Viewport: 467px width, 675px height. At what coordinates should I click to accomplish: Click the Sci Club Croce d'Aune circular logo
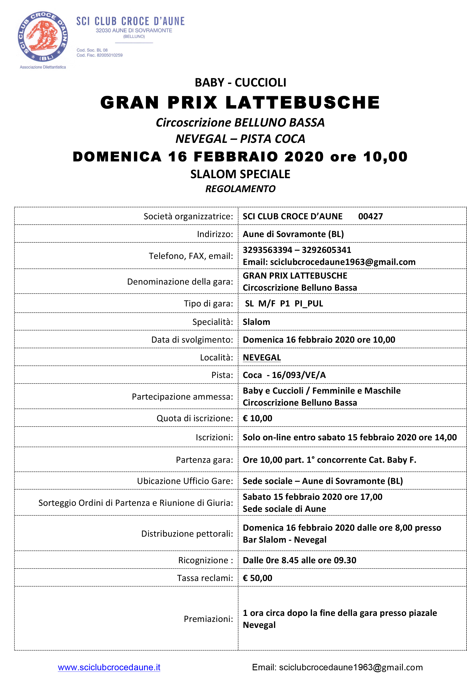(43, 37)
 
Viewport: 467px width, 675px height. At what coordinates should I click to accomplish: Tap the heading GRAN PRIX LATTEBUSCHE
(240, 103)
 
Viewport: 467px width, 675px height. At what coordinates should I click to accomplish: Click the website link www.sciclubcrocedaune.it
(109, 667)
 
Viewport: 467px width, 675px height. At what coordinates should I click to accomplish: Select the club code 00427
(371, 217)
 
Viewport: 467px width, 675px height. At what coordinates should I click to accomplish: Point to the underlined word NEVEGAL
(262, 358)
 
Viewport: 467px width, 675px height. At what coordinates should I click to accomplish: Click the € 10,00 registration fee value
(258, 418)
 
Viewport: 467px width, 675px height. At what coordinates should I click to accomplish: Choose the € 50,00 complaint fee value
(258, 578)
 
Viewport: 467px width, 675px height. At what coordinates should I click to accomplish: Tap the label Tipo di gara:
(208, 304)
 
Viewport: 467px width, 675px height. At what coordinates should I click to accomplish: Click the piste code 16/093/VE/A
(299, 375)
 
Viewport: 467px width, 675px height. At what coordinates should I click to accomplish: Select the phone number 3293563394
(267, 250)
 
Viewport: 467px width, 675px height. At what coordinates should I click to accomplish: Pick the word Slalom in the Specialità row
(256, 322)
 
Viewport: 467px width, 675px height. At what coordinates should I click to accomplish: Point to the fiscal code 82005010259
(110, 55)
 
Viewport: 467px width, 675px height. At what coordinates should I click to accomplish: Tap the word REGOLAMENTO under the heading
(240, 189)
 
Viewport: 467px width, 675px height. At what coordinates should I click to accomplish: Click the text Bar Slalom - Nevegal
(284, 540)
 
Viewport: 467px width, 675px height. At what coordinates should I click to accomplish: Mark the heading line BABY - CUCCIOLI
(240, 83)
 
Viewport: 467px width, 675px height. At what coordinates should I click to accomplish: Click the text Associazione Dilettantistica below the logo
(43, 67)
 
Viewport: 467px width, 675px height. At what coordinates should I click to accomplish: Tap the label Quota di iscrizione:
(195, 418)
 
